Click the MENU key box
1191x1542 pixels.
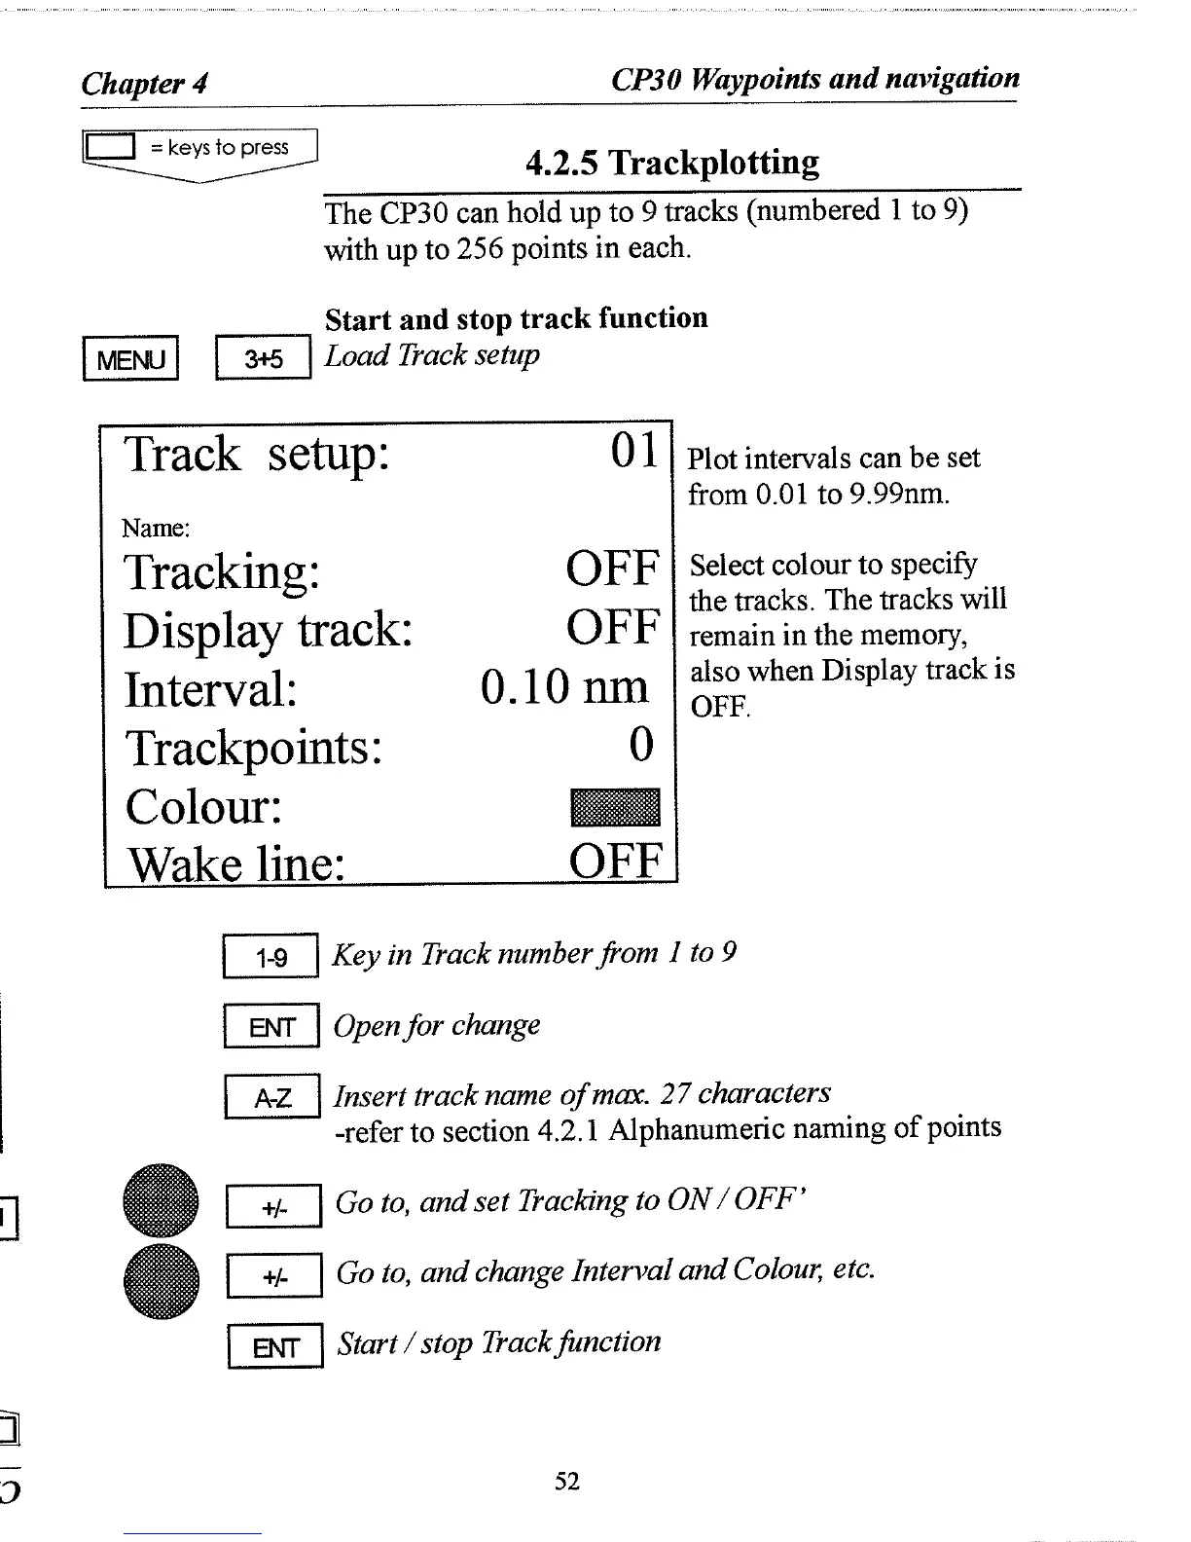point(131,359)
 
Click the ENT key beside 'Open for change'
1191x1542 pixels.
point(271,1027)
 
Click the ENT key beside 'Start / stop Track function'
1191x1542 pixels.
point(274,1347)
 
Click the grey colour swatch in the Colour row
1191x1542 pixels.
point(614,808)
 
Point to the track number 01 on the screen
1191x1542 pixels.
point(634,451)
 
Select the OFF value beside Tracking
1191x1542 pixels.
point(613,569)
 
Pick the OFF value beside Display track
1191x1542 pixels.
point(613,628)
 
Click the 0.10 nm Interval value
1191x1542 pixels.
point(564,687)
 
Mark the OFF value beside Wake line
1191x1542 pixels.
point(616,862)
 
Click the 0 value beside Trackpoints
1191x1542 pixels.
point(642,746)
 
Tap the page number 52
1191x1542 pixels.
point(567,1482)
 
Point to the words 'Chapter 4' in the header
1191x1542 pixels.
point(144,83)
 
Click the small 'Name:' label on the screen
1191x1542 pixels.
point(156,529)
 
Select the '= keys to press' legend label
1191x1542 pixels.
point(219,148)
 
